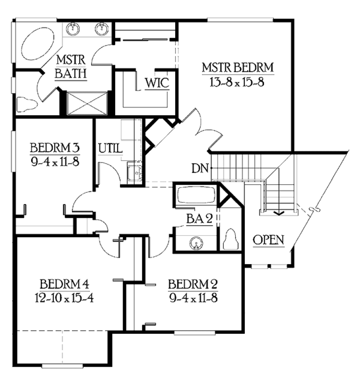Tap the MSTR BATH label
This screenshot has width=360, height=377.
point(71,67)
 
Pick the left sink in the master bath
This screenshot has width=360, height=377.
point(75,27)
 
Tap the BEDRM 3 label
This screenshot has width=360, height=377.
point(55,148)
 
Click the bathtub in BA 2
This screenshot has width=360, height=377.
point(195,196)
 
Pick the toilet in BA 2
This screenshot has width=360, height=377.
point(230,240)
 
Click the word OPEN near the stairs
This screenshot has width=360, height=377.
point(268,240)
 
